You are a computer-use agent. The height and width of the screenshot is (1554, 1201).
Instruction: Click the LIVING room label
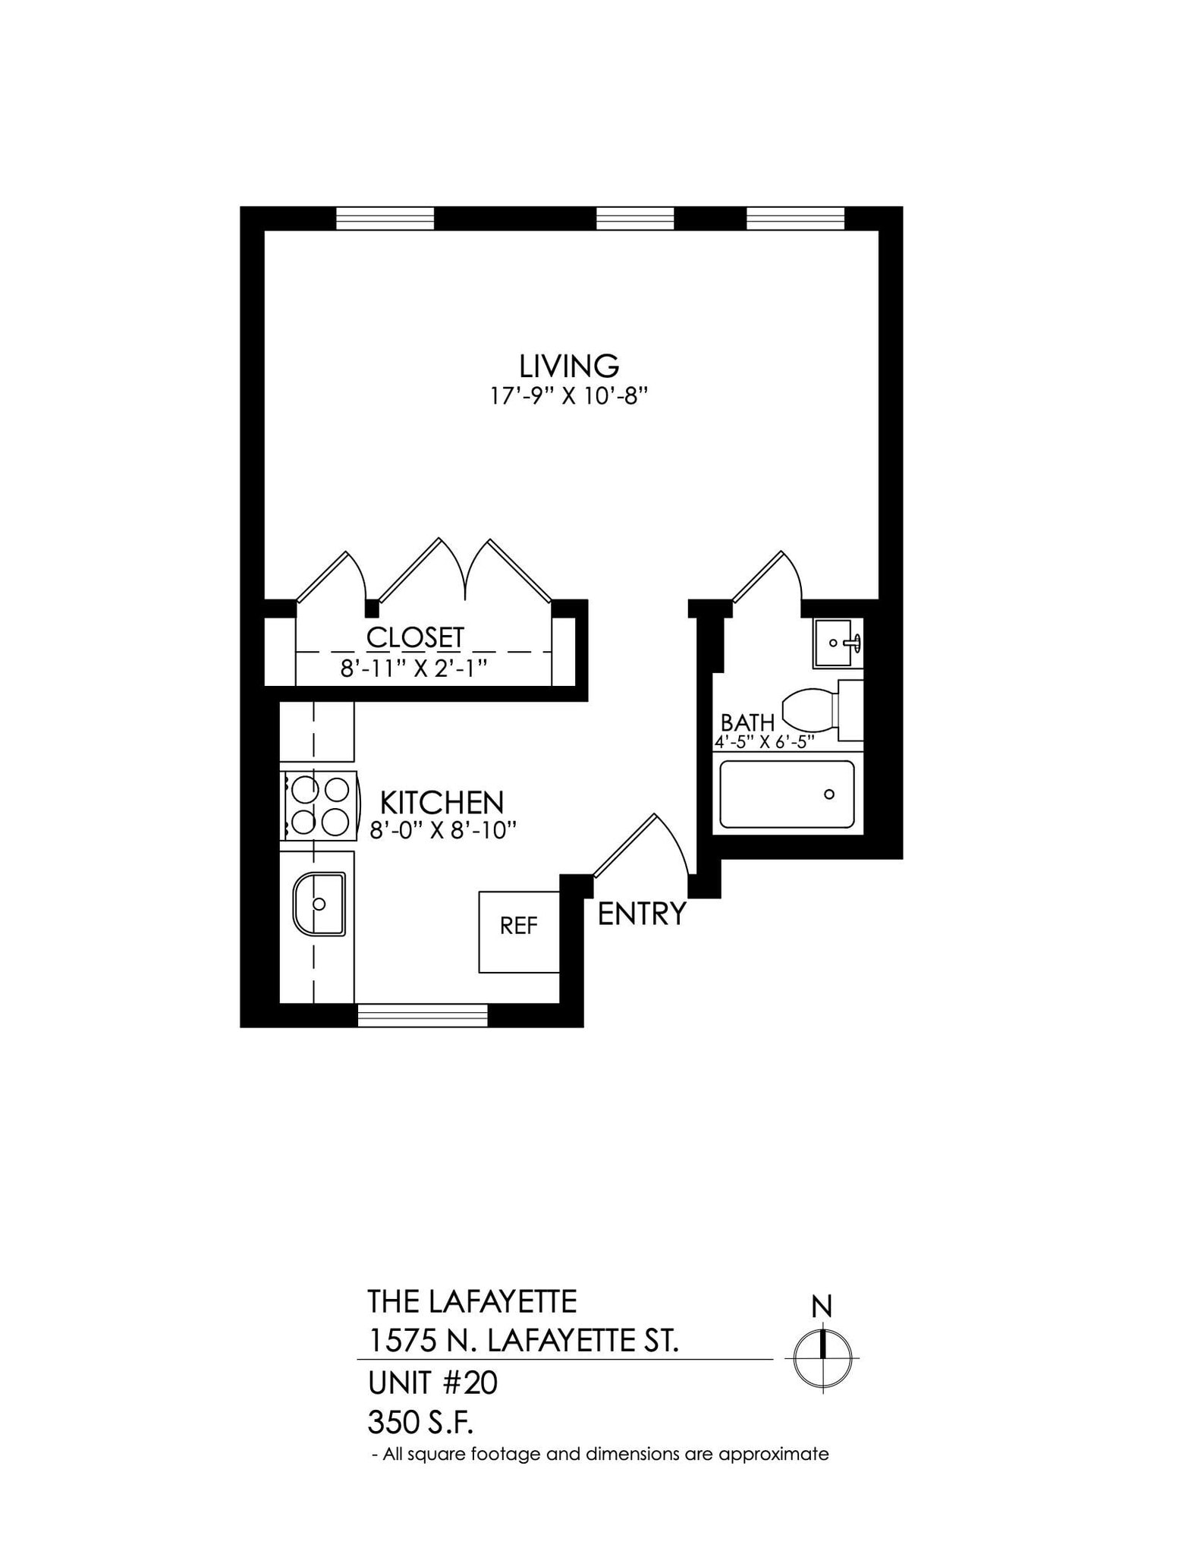click(569, 366)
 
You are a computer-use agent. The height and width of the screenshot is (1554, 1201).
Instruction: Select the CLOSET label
click(415, 637)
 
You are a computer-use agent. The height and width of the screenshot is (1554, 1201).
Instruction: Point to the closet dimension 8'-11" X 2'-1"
click(413, 668)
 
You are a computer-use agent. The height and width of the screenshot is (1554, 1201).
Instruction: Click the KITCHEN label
click(442, 802)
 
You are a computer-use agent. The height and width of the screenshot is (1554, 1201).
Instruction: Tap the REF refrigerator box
click(519, 931)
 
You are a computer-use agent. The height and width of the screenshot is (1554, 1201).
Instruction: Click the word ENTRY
click(642, 914)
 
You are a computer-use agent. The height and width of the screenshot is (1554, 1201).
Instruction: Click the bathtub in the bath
click(787, 794)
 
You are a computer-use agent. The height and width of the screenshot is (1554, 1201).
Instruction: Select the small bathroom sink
click(834, 643)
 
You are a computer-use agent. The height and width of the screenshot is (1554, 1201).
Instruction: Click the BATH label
click(747, 722)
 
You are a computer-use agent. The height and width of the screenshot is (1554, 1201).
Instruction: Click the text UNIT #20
click(432, 1383)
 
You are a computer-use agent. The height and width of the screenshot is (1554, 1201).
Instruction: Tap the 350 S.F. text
click(420, 1422)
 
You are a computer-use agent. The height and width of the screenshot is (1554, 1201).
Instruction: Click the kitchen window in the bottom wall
click(422, 1015)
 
